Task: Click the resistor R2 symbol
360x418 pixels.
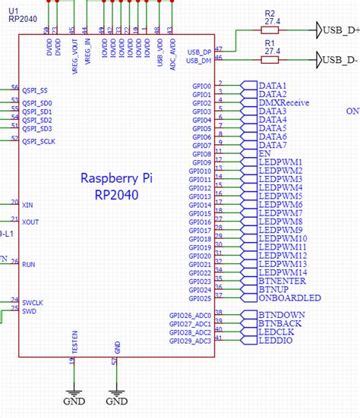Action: (270, 30)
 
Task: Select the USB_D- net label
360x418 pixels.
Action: (339, 59)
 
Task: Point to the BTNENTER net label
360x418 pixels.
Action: (283, 281)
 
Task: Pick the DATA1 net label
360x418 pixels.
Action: (273, 86)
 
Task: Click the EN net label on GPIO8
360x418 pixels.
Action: (265, 153)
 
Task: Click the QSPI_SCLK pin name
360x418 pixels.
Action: (39, 141)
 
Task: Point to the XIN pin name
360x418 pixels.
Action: (29, 204)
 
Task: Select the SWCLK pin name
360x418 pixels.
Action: (33, 302)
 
